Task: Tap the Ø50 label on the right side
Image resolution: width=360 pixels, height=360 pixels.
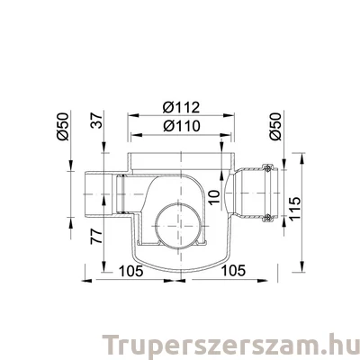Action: tap(276, 127)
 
